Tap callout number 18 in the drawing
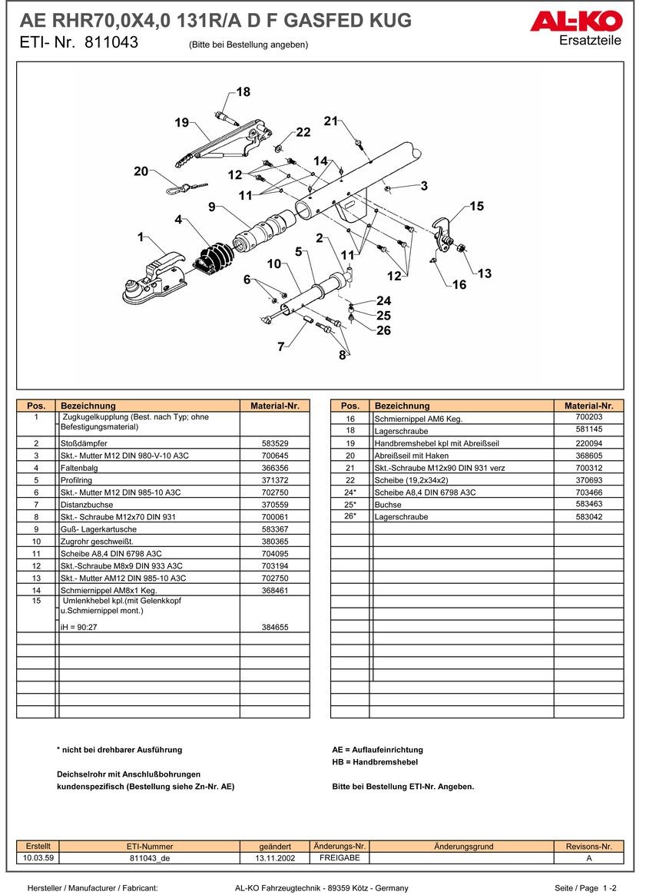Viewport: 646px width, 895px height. tap(243, 92)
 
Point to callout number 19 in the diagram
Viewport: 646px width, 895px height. tap(181, 123)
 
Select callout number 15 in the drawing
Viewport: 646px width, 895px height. tap(476, 206)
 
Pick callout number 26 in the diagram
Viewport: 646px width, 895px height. tap(383, 330)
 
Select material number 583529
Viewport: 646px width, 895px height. tap(275, 443)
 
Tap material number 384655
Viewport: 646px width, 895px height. tap(275, 627)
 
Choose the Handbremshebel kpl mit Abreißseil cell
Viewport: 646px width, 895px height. tap(436, 443)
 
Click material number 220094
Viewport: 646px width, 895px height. tap(589, 443)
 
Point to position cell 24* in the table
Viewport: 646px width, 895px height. tap(350, 492)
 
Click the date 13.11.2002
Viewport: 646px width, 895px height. tap(275, 857)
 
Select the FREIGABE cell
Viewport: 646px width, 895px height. tap(339, 857)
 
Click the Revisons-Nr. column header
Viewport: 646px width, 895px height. tap(588, 846)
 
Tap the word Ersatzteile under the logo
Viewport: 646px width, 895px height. tap(591, 41)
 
